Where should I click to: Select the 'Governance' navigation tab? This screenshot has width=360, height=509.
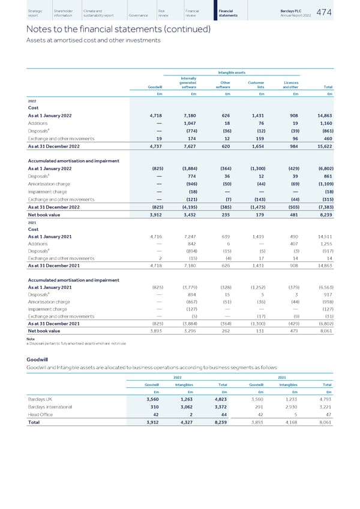[x=137, y=14]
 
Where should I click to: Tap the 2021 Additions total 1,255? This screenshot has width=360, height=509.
[x=325, y=244]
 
